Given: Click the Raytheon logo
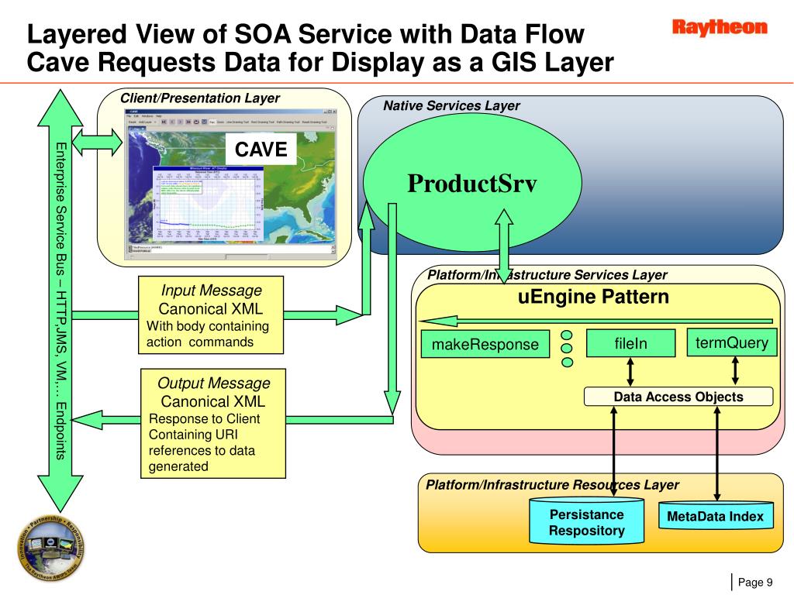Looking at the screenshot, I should click(x=719, y=29).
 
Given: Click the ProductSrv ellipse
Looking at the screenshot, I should click(x=472, y=184).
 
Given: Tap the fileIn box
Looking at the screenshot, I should click(x=630, y=343).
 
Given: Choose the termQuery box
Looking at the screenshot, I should click(x=733, y=342).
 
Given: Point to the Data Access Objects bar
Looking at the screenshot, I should click(x=678, y=397).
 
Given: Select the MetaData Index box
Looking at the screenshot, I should click(x=716, y=517).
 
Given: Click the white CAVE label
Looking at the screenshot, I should click(x=261, y=150).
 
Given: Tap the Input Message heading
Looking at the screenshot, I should click(x=211, y=291).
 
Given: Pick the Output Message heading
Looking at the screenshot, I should click(x=213, y=383).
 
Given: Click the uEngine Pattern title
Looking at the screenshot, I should click(x=593, y=297).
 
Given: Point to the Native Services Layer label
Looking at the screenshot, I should click(x=451, y=106).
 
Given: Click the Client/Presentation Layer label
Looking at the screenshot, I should click(x=199, y=98).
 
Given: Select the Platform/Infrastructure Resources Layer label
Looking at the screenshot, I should click(x=552, y=485).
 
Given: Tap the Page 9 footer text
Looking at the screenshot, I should click(x=755, y=583).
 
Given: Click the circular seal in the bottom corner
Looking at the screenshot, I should click(x=52, y=546).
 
